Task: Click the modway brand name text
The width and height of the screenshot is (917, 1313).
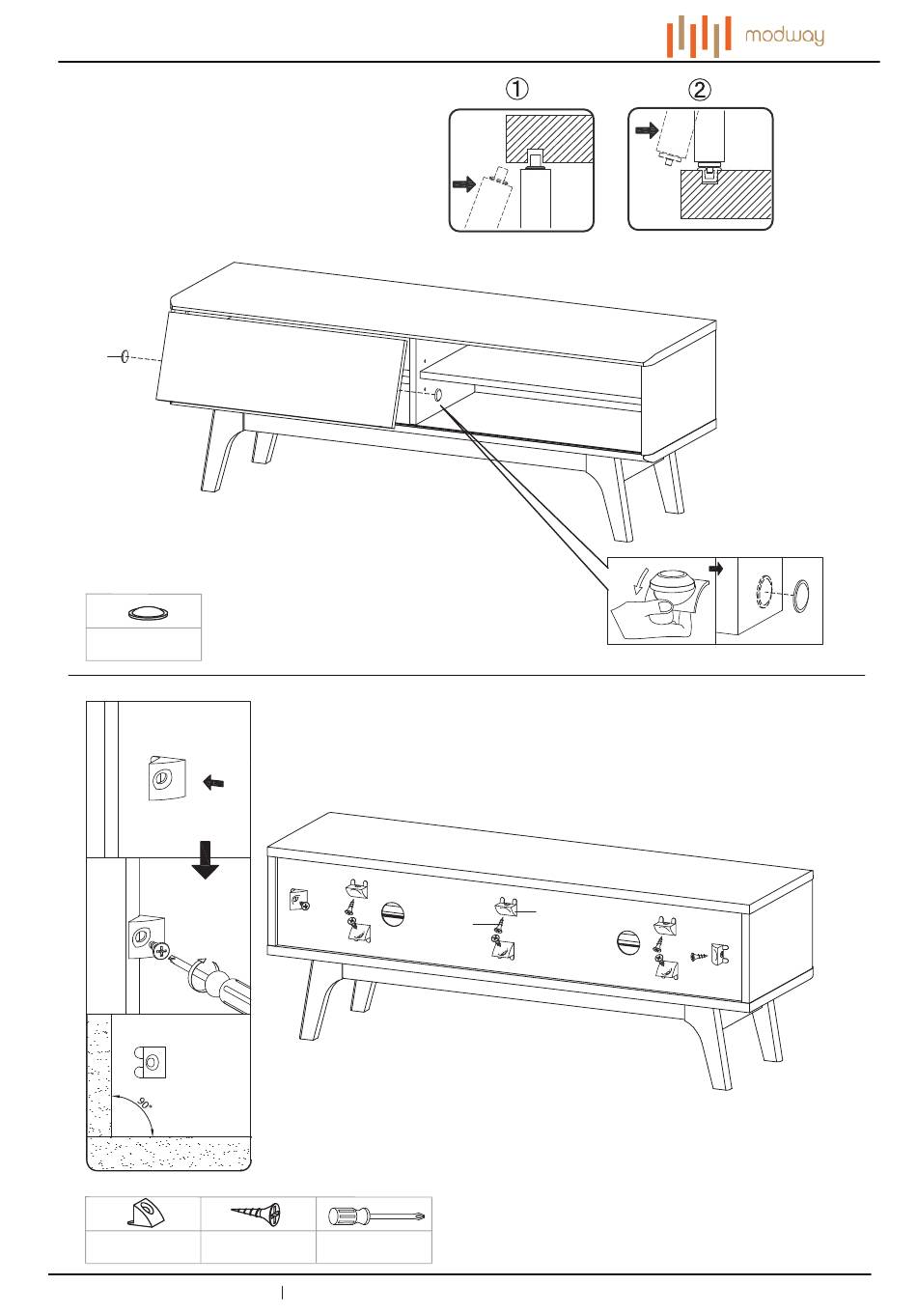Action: tap(784, 37)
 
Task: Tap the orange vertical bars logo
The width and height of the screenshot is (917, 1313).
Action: tap(698, 37)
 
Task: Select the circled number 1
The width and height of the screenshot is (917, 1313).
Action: tap(516, 89)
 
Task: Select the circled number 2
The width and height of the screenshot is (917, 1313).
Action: tap(699, 90)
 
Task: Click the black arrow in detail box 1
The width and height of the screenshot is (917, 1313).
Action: tap(464, 184)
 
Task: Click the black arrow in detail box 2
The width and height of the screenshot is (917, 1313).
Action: tap(648, 130)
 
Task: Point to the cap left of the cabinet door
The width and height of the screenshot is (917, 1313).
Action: tap(125, 356)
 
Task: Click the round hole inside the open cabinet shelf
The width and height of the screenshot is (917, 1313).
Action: tap(437, 395)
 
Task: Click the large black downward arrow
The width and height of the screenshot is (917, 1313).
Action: tap(205, 860)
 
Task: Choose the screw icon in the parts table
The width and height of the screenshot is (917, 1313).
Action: tap(256, 1214)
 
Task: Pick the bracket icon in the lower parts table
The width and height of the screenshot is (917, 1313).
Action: tap(146, 1213)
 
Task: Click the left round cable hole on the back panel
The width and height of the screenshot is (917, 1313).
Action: tap(393, 914)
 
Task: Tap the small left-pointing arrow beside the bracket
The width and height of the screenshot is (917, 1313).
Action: tap(213, 782)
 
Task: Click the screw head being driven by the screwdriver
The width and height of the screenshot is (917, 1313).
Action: tap(160, 950)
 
